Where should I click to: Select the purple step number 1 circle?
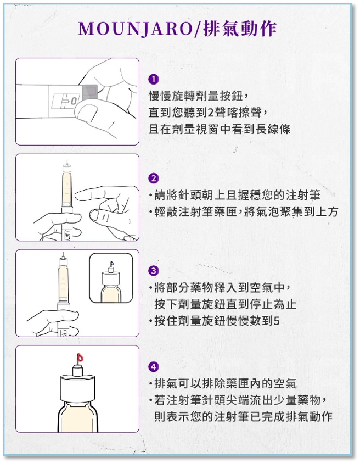[x=154, y=79]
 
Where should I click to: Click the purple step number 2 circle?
[x=154, y=178]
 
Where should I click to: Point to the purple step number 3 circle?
[x=154, y=270]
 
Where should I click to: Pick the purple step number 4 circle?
[x=154, y=367]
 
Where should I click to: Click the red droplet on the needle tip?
[x=80, y=358]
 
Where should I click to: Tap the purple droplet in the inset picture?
[x=111, y=264]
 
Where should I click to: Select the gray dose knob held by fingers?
[x=91, y=92]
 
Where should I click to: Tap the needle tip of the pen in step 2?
[x=67, y=160]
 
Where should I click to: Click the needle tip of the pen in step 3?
[x=63, y=253]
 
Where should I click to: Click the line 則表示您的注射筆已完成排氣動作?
[x=244, y=417]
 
